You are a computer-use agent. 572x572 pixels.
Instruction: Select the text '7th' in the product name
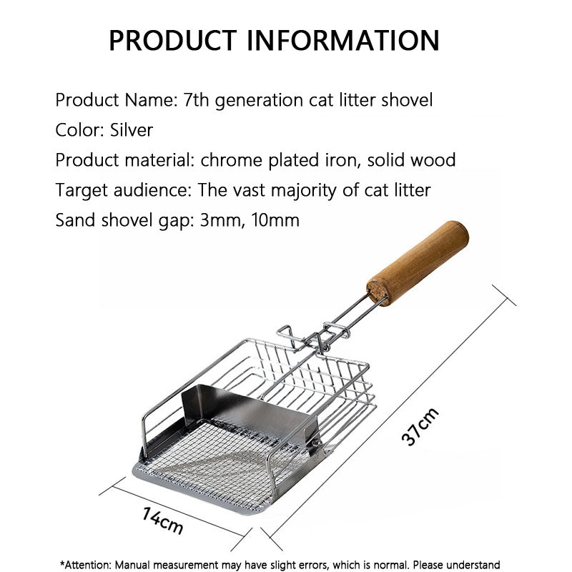click(x=197, y=100)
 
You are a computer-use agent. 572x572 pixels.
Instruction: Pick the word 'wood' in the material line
click(x=433, y=160)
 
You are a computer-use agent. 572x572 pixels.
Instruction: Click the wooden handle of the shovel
click(x=418, y=262)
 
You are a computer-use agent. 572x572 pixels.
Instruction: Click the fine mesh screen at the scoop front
click(x=214, y=465)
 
